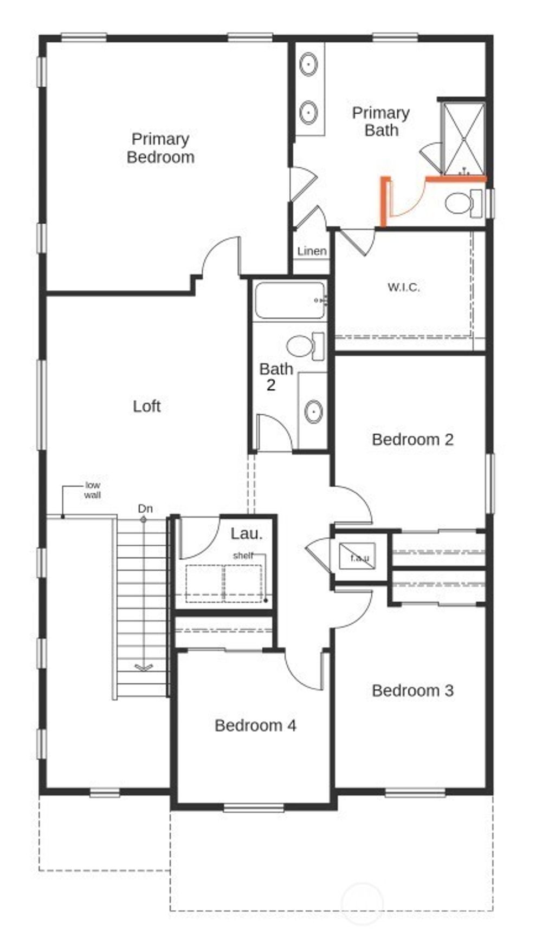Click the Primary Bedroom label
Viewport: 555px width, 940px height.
160,148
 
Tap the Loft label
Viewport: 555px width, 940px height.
147,406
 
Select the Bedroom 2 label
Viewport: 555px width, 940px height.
412,439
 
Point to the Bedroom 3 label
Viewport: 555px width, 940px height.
412,690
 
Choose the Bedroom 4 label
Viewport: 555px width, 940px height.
255,725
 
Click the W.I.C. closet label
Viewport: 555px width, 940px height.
403,287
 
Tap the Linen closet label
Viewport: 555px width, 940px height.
312,251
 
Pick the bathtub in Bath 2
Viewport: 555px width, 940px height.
289,300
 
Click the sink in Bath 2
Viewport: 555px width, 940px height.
313,411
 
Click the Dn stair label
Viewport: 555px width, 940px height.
145,508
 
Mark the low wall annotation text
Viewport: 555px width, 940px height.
93,490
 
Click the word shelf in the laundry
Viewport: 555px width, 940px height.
243,556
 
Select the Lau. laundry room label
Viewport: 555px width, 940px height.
246,533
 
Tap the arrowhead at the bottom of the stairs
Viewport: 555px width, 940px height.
144,667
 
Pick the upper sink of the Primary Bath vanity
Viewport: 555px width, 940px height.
308,64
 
